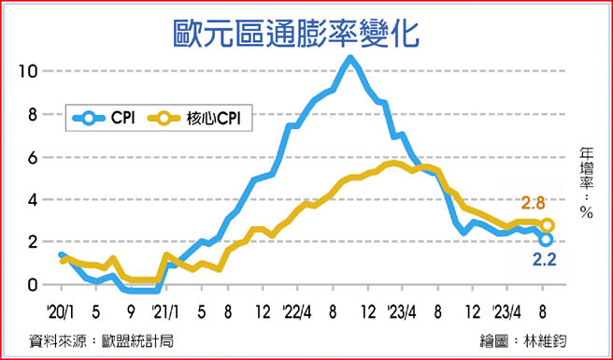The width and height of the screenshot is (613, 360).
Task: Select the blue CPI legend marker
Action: coord(89,118)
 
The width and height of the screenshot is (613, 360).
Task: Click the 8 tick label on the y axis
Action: coord(34,113)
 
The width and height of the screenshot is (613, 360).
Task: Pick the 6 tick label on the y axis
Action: coord(34,156)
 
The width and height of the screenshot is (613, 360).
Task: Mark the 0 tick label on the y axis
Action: coord(34,284)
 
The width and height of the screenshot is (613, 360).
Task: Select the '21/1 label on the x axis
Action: coord(165,309)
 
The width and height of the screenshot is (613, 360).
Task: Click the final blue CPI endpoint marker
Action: coord(546,239)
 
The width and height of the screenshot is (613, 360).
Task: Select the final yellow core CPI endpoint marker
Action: coord(548,225)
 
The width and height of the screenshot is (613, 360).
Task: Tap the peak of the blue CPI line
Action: coord(349,58)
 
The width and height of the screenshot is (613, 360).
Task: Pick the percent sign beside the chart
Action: coord(586,212)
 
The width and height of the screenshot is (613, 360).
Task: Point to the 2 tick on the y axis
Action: coord(34,241)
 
